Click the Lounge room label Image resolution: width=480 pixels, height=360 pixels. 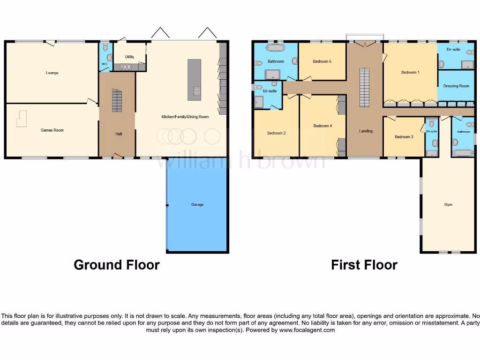(52, 73)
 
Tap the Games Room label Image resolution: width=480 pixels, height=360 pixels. (52, 130)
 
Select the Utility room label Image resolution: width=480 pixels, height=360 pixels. (129, 57)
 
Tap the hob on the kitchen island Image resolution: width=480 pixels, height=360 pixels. (197, 91)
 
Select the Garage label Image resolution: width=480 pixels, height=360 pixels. (197, 204)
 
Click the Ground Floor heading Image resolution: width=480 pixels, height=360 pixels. (117, 265)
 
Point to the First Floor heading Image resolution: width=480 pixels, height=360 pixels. (364, 265)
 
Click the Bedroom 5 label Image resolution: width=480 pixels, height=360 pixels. (322, 61)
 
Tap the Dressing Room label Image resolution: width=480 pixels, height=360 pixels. (456, 86)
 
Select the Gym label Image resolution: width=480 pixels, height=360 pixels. (448, 204)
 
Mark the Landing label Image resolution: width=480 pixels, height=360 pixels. (366, 131)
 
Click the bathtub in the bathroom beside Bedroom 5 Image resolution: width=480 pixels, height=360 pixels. (275, 48)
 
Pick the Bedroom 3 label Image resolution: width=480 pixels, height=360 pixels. (404, 137)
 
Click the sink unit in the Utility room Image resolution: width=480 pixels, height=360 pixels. (126, 67)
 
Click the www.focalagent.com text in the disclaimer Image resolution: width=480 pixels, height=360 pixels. (307, 330)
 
